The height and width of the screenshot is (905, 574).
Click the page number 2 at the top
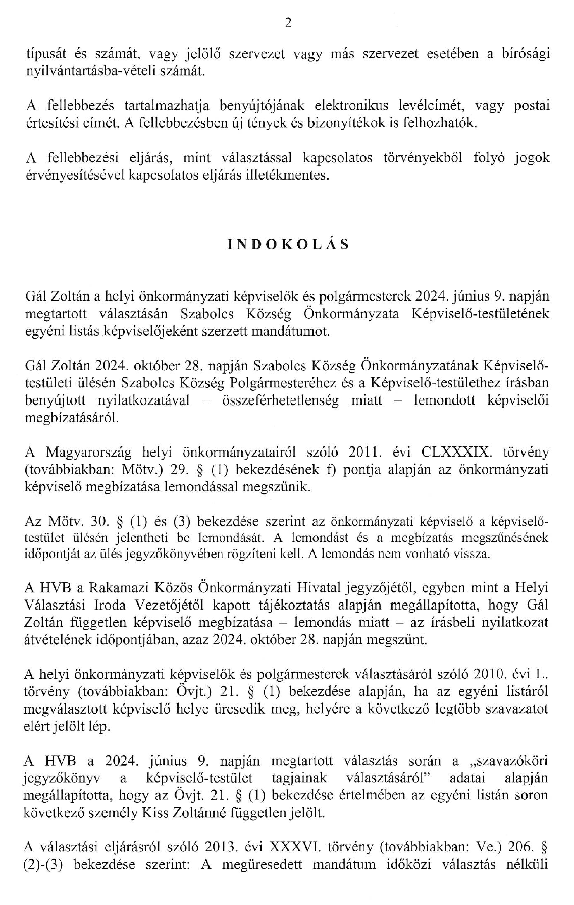288,22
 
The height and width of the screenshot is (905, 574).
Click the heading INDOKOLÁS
288,244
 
